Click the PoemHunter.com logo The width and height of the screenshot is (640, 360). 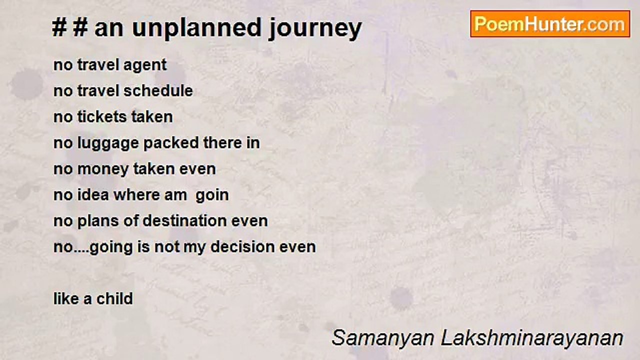[x=550, y=24]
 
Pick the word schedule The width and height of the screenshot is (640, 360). [x=158, y=90]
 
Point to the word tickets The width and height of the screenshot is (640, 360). [x=102, y=116]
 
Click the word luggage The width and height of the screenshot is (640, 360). [x=108, y=143]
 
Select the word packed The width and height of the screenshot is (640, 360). [x=171, y=143]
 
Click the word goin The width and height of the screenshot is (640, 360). [x=212, y=195]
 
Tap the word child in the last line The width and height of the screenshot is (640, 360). [x=114, y=298]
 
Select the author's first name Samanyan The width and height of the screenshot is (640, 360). [x=383, y=338]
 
